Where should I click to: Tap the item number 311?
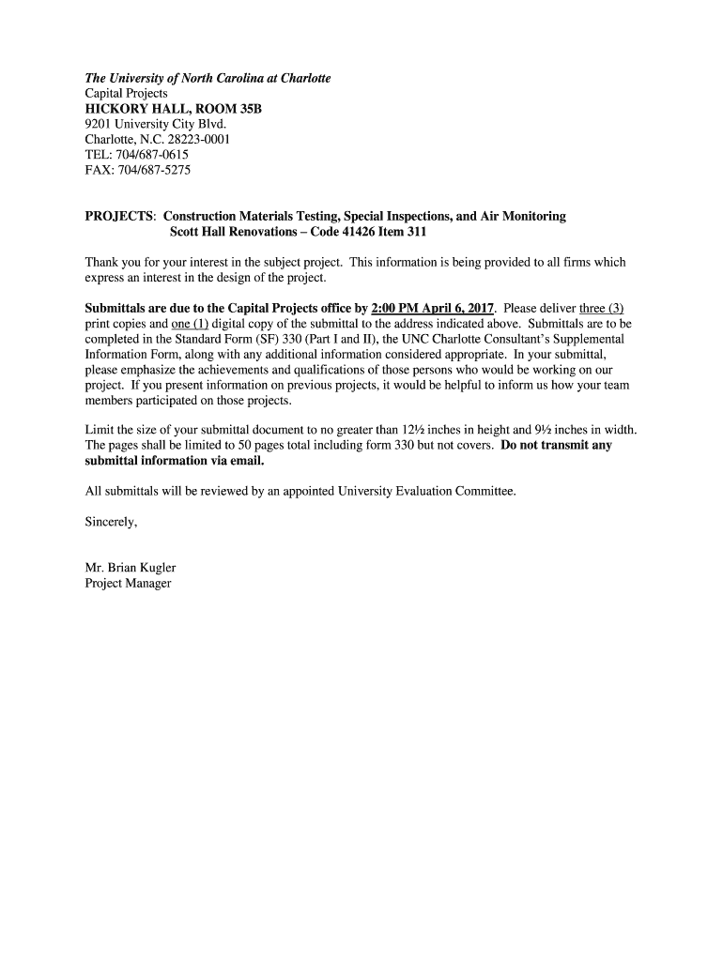click(416, 232)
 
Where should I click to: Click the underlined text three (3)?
click(601, 308)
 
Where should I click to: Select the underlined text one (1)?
click(190, 324)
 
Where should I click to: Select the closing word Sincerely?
click(111, 522)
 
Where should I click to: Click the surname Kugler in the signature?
click(156, 568)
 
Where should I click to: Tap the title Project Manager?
click(128, 584)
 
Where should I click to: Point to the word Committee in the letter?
click(484, 491)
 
